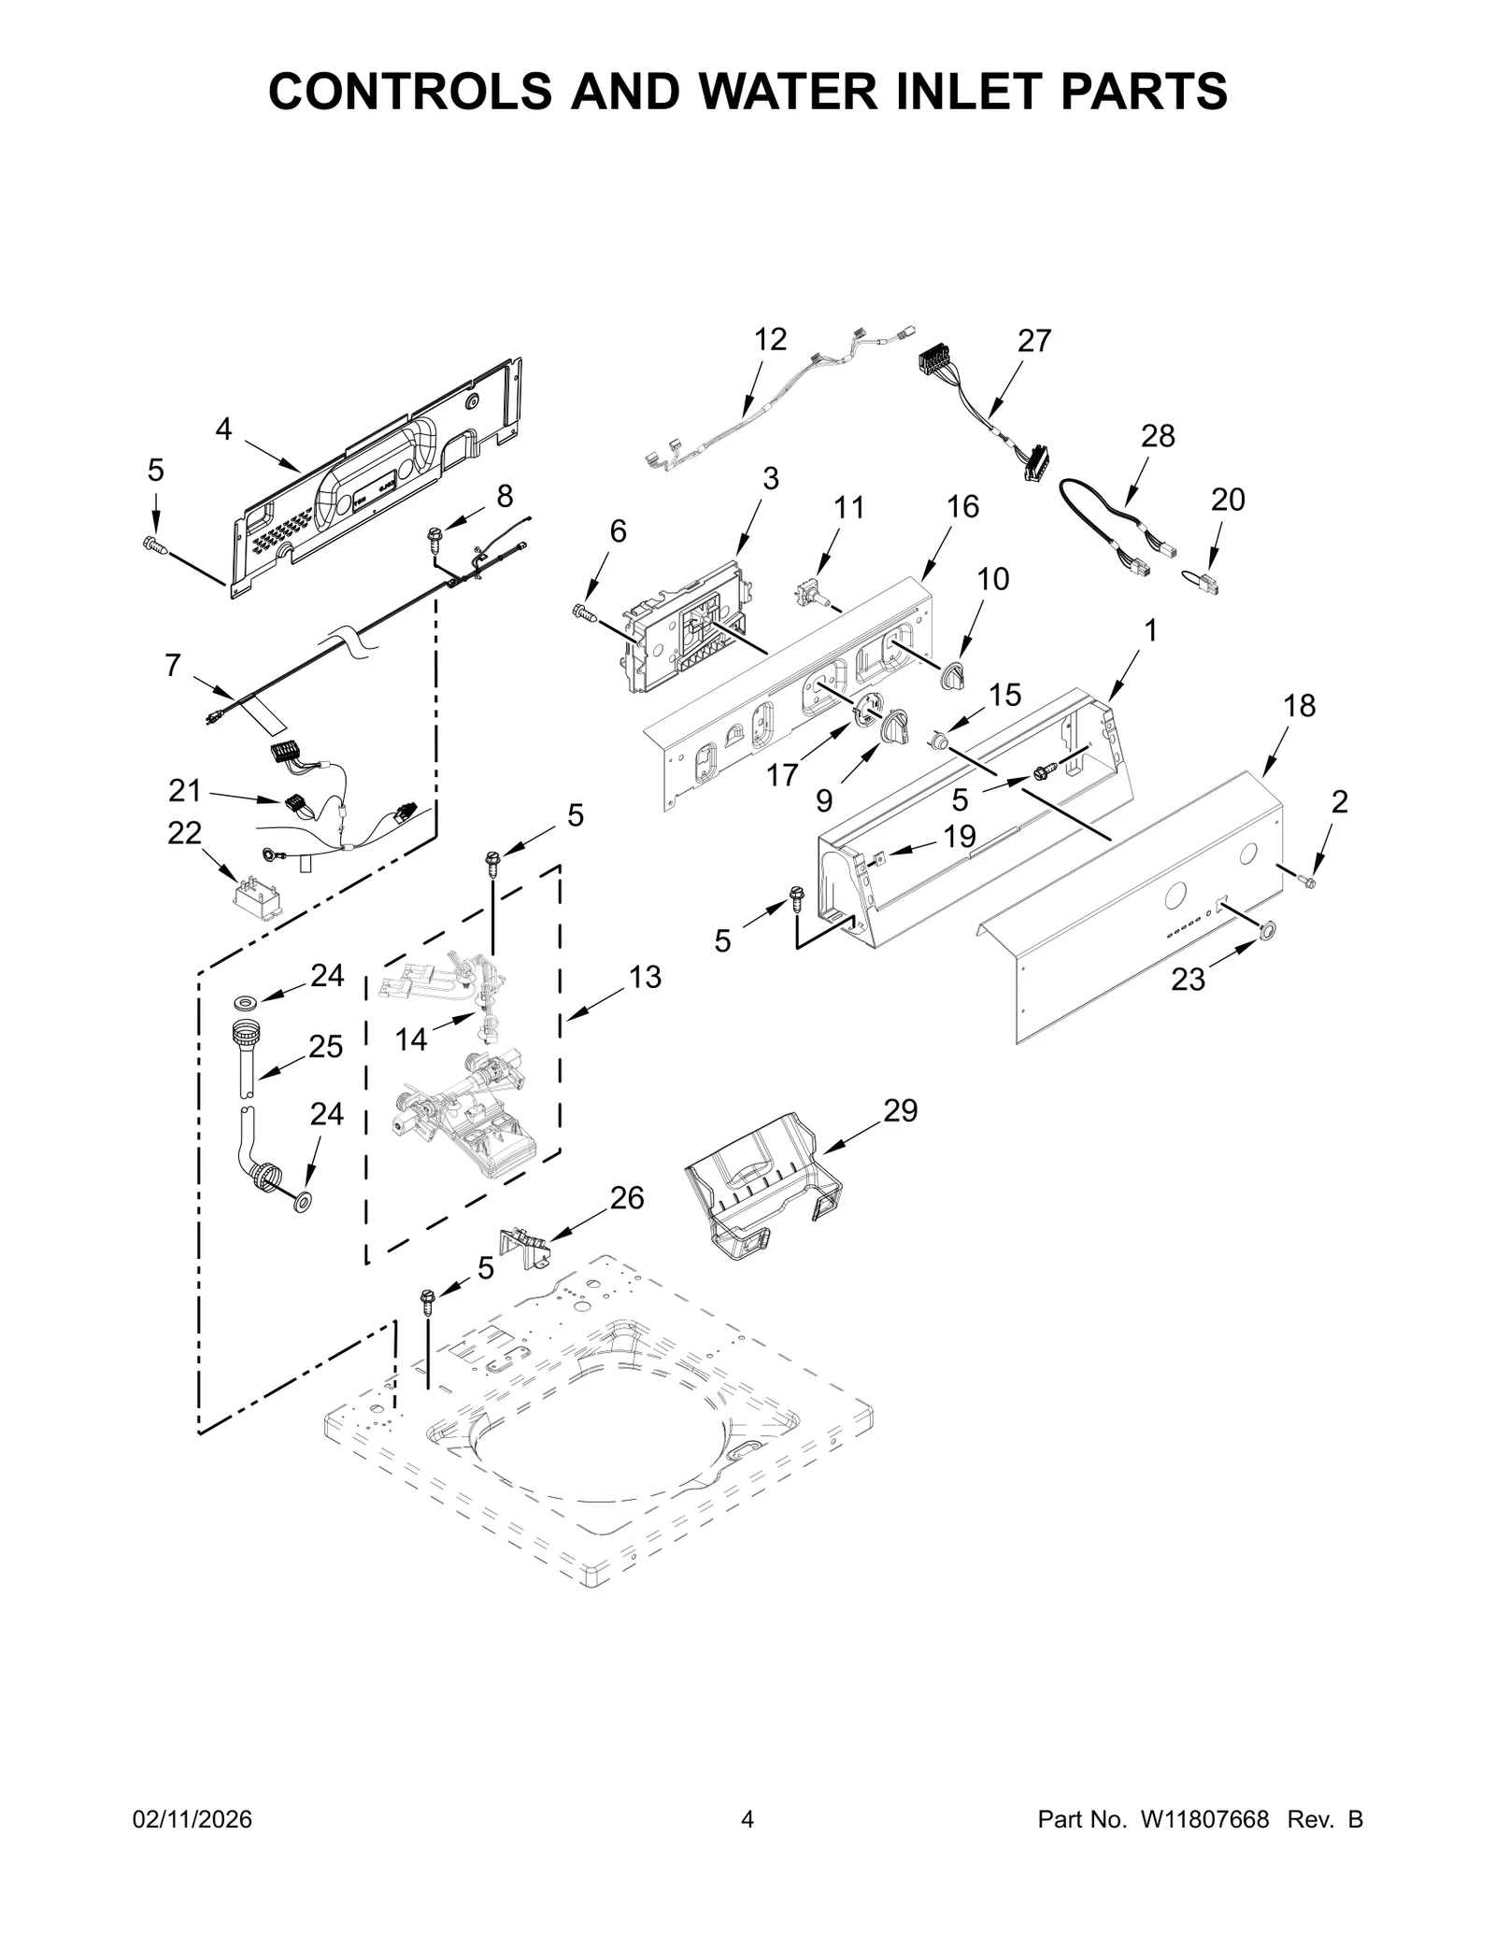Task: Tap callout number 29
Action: click(900, 1110)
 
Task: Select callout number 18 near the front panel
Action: click(1299, 706)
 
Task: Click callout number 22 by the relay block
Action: click(184, 832)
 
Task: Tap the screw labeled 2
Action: click(1307, 881)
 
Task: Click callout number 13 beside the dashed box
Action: click(645, 977)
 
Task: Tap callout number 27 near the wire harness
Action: click(1034, 341)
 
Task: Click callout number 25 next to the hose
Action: click(325, 1047)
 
